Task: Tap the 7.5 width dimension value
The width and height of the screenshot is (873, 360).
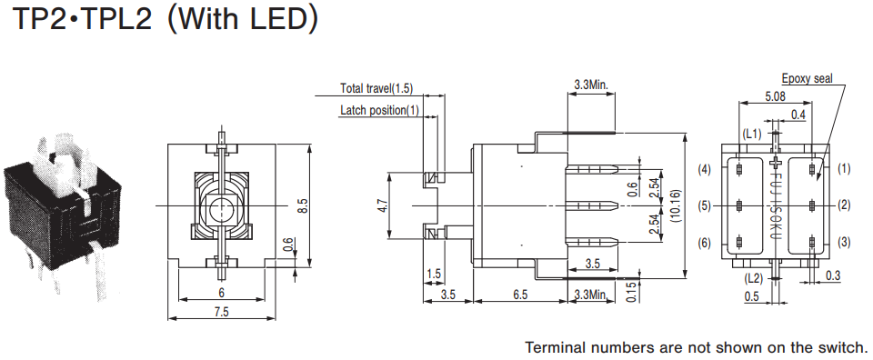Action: coord(222,312)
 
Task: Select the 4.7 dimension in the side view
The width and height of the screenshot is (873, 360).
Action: coord(382,206)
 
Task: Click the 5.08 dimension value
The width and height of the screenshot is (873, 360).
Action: coord(775,96)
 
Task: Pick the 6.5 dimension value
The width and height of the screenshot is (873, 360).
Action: coord(520,295)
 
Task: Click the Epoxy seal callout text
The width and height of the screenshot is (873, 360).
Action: coord(807,78)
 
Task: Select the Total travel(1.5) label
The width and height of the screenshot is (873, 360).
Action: coord(376,88)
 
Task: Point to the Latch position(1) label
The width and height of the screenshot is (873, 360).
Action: coord(379,110)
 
